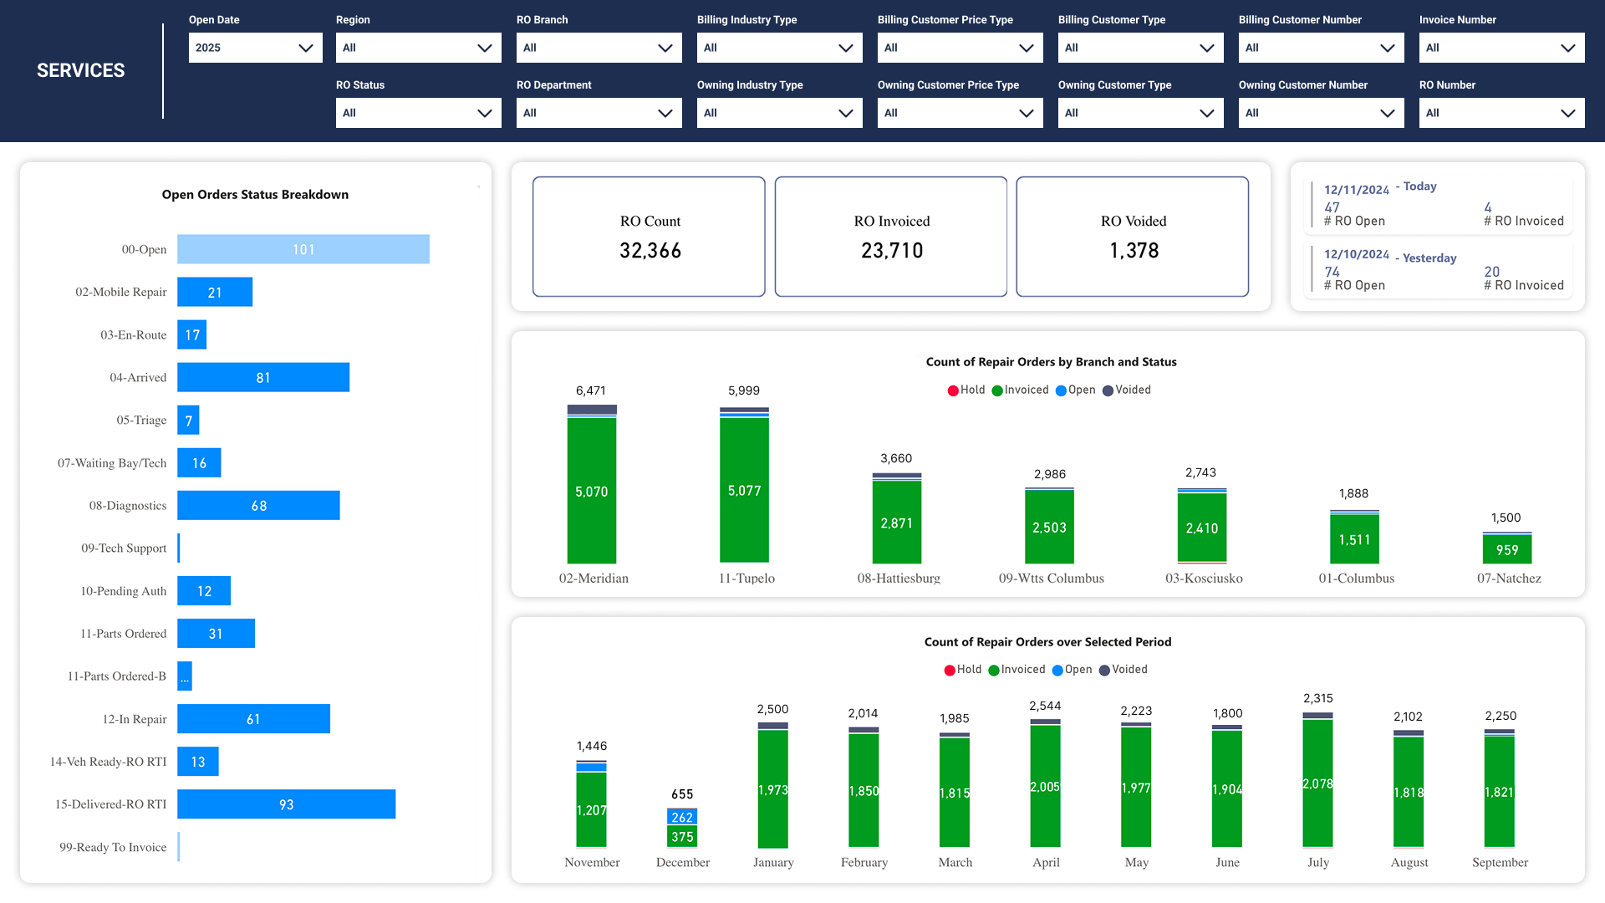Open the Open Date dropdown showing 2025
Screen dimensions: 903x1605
[255, 48]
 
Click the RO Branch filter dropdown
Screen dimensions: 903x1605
[599, 48]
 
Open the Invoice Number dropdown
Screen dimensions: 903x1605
[1501, 48]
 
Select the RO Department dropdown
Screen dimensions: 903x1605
[599, 113]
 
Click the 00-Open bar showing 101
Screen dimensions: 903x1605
[303, 249]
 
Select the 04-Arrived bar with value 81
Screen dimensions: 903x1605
[263, 377]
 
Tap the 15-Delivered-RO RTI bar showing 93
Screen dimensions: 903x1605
[286, 804]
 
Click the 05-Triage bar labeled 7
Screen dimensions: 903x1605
[188, 421]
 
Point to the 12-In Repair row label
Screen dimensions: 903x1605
[134, 719]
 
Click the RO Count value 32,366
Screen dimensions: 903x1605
[650, 251]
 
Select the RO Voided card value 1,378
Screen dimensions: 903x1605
[1134, 251]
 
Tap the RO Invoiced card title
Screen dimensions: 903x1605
[891, 221]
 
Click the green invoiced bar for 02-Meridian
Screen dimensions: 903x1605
[591, 491]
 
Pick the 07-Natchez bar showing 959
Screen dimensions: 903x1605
[1506, 549]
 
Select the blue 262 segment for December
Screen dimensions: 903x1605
[682, 817]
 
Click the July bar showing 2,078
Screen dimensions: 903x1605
[1317, 783]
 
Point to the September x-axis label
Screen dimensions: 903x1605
[1500, 862]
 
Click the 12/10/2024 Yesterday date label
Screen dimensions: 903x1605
[1356, 255]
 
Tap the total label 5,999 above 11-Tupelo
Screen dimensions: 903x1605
[743, 390]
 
